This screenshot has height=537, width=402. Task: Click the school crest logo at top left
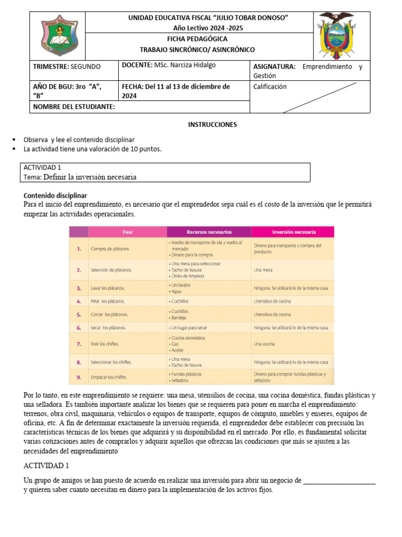coord(59,36)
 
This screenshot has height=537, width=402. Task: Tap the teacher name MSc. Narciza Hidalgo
coord(184,65)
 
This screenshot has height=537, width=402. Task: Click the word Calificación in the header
coord(270,87)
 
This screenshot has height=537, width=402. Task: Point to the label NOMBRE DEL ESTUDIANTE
coord(74,106)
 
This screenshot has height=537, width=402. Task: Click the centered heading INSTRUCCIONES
coord(213,125)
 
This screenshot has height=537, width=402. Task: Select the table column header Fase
coord(127,231)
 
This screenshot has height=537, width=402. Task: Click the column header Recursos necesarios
coord(209,231)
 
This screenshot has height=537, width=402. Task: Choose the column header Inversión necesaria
coord(293,231)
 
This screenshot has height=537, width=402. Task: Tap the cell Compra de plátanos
coord(110,249)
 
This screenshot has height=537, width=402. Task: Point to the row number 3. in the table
coord(79,288)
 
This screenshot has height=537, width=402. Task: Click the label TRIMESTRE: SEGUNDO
coord(67,67)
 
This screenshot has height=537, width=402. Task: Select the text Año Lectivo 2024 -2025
coord(208,28)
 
